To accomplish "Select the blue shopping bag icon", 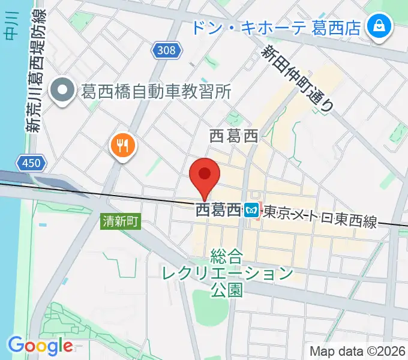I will tap(379, 26).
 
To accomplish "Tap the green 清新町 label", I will tap(120, 221).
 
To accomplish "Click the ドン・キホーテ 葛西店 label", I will tap(276, 27).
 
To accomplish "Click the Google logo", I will tap(40, 345).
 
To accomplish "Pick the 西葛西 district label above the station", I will tap(233, 137).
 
